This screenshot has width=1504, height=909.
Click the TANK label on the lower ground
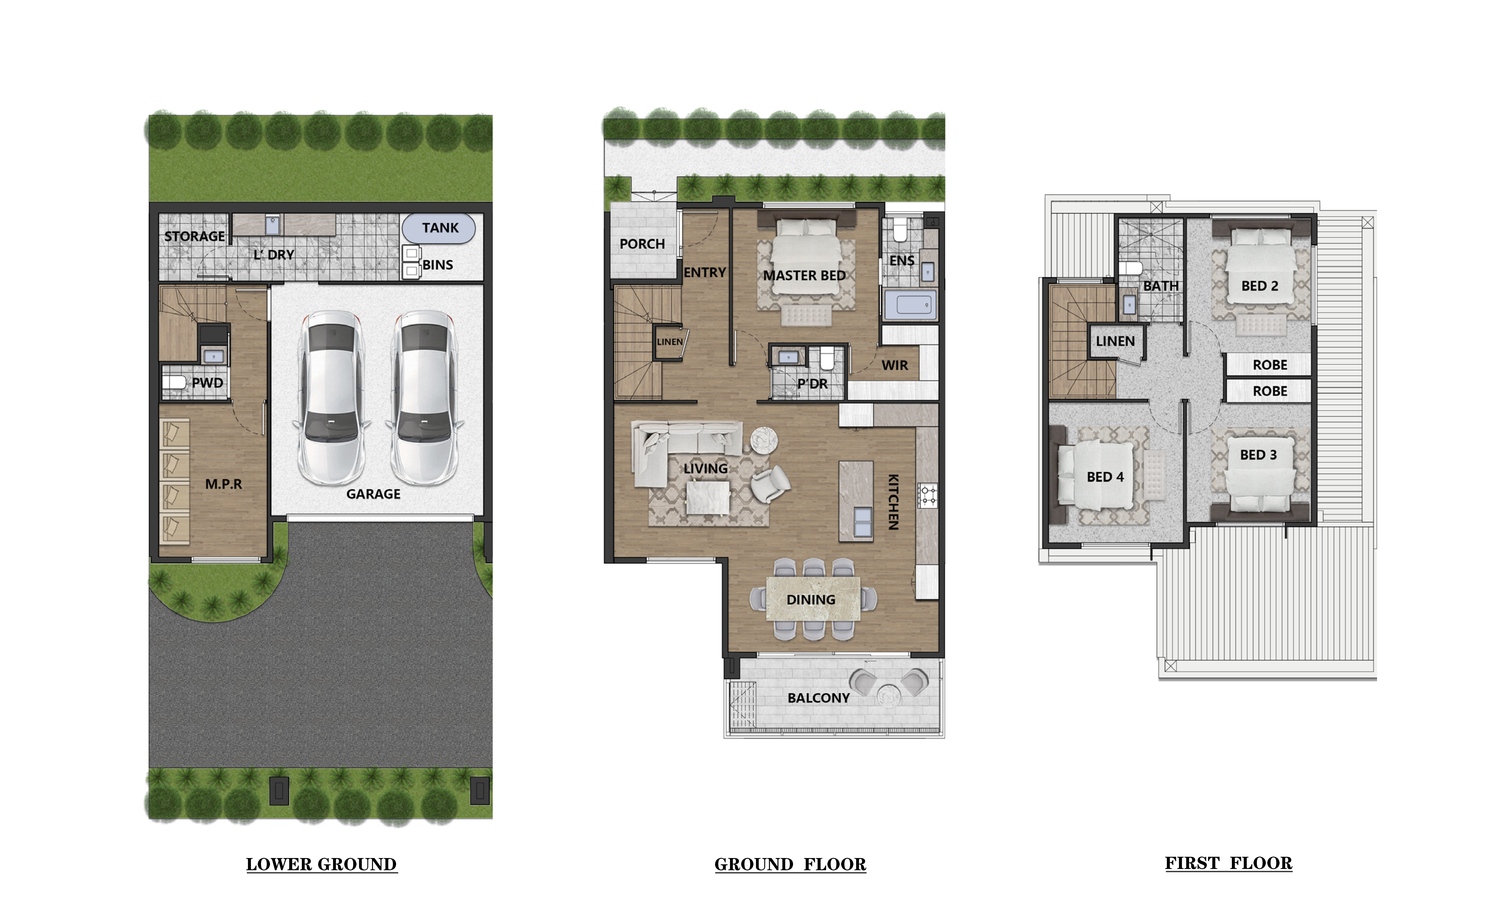click(x=440, y=228)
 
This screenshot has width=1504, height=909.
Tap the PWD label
click(x=208, y=383)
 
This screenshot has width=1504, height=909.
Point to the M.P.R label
click(x=223, y=484)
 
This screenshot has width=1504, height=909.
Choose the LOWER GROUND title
click(x=322, y=864)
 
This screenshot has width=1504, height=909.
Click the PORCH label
click(x=642, y=244)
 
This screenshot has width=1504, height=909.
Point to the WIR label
click(x=895, y=365)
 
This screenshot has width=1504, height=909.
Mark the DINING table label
click(x=811, y=600)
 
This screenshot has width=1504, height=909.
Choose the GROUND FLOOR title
click(x=791, y=864)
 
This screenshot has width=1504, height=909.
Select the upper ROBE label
click(x=1270, y=365)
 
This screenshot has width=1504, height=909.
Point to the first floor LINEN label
click(x=1115, y=341)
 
